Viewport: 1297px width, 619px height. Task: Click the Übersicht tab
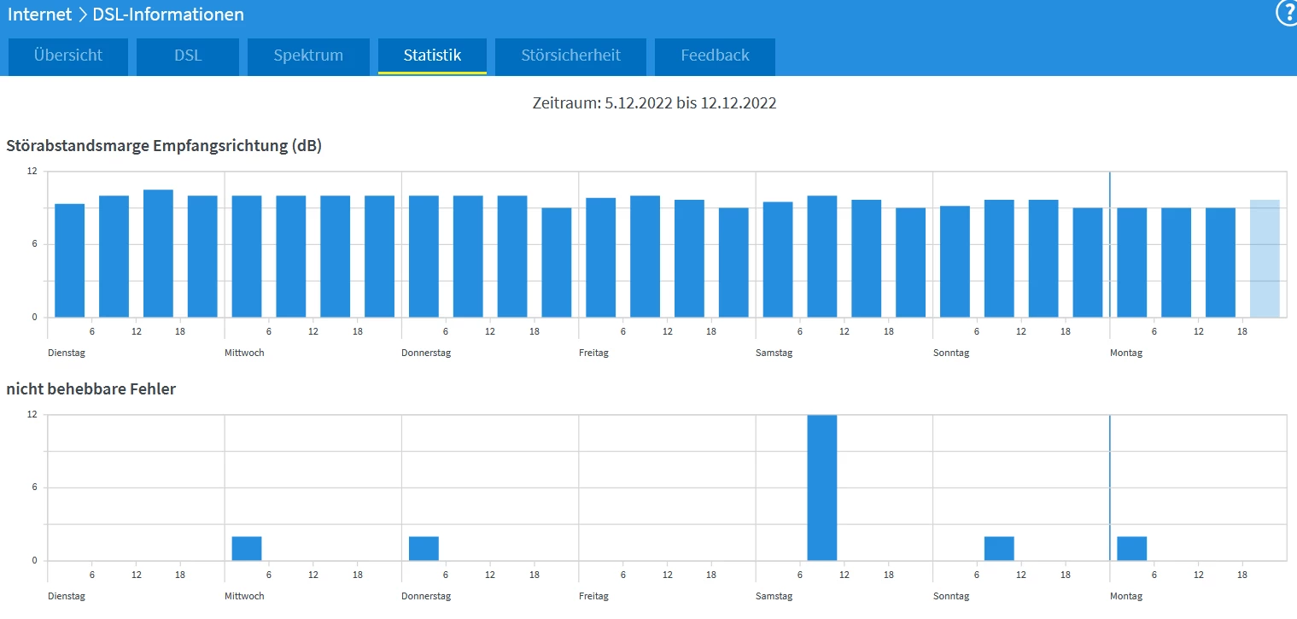coord(68,55)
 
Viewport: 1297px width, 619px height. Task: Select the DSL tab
coord(188,55)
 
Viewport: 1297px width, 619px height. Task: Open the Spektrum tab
coord(308,55)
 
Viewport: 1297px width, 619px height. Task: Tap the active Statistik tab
coord(432,55)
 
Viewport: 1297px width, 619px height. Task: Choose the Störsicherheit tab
coord(570,55)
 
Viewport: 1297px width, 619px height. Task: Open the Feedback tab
coord(715,55)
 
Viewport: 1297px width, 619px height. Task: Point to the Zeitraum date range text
coord(654,103)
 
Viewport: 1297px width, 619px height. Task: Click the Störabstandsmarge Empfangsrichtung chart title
coord(164,146)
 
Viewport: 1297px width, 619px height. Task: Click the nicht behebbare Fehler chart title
coord(91,389)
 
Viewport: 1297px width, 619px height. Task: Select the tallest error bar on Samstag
coord(822,488)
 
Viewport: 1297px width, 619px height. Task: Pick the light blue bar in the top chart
coord(1265,258)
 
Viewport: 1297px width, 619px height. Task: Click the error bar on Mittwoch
coord(247,548)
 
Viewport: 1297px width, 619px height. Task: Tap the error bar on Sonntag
coord(999,548)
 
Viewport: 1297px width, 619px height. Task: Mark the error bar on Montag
coord(1131,548)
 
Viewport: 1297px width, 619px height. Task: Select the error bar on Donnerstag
coord(424,548)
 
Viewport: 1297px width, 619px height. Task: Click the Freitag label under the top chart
coord(593,353)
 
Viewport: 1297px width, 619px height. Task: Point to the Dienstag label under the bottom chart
coord(67,596)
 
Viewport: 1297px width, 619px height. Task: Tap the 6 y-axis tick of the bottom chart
coord(35,488)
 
